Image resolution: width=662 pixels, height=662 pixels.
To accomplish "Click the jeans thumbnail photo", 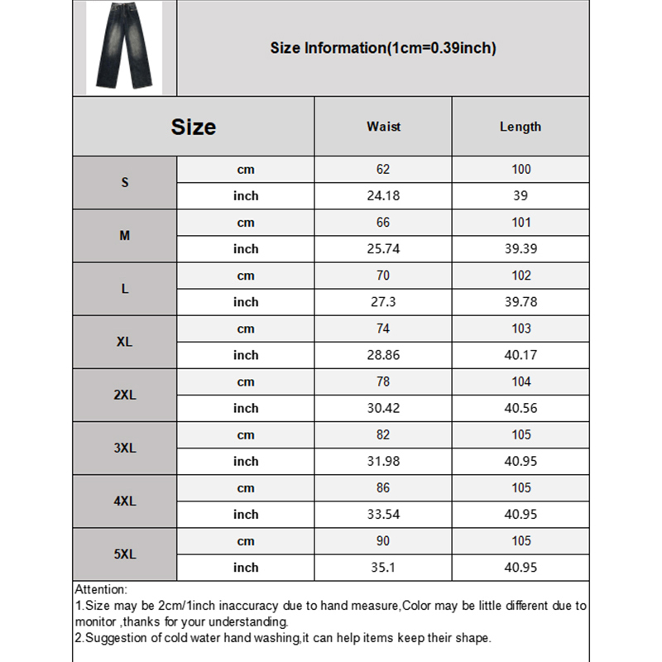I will [x=124, y=47].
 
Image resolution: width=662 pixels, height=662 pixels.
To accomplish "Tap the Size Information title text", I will [x=383, y=48].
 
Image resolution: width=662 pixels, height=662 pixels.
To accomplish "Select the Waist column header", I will [x=383, y=127].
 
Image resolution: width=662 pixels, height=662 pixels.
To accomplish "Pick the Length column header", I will [x=520, y=127].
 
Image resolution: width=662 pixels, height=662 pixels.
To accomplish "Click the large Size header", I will [x=194, y=127].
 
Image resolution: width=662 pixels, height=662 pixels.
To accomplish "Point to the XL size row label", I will [x=125, y=342].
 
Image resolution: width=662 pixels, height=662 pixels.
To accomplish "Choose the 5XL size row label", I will [x=125, y=554].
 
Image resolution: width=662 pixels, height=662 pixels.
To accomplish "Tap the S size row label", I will [x=125, y=183].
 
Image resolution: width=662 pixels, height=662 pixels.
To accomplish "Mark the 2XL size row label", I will [x=125, y=395].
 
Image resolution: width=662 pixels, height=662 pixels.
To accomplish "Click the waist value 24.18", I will [x=383, y=196].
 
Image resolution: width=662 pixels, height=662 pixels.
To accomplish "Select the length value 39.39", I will [x=520, y=249].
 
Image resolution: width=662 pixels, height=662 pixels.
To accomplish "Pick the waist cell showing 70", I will [x=383, y=276].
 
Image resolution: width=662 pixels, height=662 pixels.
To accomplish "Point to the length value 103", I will [x=520, y=329].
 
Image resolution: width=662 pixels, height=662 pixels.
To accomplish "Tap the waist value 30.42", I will [x=383, y=408].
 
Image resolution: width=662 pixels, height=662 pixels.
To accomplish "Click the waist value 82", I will [x=383, y=434].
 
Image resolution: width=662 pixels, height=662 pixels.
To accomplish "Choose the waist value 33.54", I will [x=383, y=514].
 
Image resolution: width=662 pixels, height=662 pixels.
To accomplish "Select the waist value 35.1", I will [x=383, y=567].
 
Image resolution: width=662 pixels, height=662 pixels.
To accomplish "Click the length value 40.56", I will [x=520, y=408].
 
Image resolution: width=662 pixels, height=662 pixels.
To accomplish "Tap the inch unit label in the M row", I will [x=246, y=249].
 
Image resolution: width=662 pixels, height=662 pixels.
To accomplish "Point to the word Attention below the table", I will [x=101, y=590].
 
